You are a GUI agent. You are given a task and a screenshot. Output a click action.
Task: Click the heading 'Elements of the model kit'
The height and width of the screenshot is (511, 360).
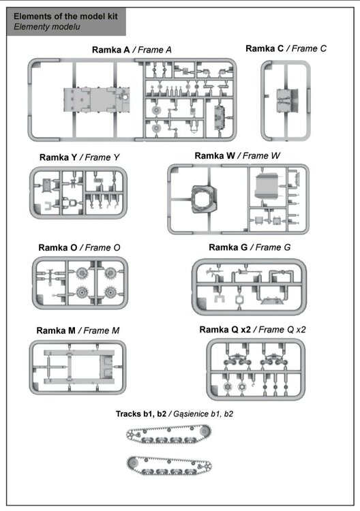pos(65,16)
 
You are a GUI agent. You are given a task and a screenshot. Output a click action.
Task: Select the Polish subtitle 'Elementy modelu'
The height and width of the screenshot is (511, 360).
pos(46,27)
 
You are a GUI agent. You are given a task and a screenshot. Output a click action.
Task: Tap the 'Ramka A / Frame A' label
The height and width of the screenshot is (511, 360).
pos(132,50)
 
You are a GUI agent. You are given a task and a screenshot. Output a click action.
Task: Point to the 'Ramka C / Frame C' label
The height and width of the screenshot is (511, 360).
pos(286,48)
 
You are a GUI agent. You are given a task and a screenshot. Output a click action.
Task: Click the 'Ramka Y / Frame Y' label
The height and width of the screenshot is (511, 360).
pos(79,157)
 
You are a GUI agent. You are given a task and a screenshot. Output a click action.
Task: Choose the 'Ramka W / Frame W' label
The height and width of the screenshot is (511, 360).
pos(237,156)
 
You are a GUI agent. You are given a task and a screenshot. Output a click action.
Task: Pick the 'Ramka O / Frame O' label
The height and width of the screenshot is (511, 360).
pos(79,248)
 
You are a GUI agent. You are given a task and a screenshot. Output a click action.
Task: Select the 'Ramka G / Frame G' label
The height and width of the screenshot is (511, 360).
pos(250,248)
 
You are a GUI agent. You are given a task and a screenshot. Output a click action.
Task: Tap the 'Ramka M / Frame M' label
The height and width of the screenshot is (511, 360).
pos(78,330)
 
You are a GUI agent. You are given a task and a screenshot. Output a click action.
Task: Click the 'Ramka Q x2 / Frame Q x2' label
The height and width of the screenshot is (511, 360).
pos(252,330)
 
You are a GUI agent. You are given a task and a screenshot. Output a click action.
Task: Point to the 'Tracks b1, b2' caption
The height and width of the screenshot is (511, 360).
pos(141,414)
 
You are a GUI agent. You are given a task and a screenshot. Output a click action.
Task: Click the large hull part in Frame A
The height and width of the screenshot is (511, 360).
pos(97,99)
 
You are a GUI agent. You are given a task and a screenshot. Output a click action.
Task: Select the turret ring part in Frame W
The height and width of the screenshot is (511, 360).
pos(204,199)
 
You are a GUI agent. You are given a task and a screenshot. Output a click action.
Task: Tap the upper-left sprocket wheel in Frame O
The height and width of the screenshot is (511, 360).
pos(82,273)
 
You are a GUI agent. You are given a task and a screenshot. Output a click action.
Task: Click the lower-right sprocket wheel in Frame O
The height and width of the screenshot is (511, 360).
pos(110,292)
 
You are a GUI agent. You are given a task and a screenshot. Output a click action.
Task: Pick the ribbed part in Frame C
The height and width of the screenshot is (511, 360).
pos(287,101)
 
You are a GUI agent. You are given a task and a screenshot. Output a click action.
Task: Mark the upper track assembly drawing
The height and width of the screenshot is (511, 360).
pos(169,434)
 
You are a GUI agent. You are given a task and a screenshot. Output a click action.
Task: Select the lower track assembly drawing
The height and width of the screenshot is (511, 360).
pos(169,466)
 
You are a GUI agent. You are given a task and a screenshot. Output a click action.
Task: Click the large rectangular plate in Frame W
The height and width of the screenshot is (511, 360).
pos(267,186)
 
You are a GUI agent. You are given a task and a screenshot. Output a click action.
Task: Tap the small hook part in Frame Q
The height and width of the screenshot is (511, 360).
pos(253,386)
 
